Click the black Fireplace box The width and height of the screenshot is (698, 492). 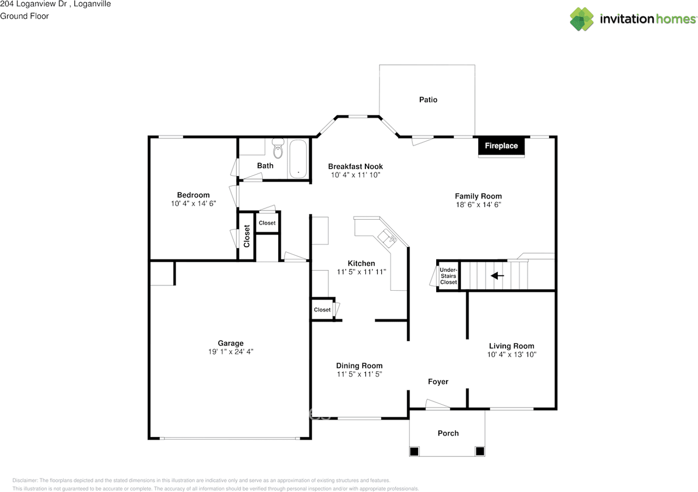click(502, 146)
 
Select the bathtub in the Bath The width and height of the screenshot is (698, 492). click(298, 159)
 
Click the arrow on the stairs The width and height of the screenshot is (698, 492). click(497, 276)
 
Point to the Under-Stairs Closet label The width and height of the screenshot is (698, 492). click(448, 276)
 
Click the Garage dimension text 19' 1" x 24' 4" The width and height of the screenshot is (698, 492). click(231, 352)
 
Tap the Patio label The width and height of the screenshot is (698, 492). click(428, 100)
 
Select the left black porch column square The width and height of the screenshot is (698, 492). click(414, 451)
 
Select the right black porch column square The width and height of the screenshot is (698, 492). click(480, 451)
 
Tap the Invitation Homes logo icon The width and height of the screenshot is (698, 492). click(582, 19)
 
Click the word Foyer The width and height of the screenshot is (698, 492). click(438, 382)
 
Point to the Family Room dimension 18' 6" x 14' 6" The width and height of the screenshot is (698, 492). click(478, 205)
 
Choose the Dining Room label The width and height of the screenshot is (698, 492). click(359, 365)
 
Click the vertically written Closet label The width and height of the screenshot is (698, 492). click(246, 236)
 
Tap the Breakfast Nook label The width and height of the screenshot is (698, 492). click(355, 166)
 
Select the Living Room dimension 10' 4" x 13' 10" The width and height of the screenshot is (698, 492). click(512, 355)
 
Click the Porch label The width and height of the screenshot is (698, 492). click(448, 433)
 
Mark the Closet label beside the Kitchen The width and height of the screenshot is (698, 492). click(322, 310)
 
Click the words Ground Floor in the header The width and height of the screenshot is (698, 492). click(25, 16)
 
